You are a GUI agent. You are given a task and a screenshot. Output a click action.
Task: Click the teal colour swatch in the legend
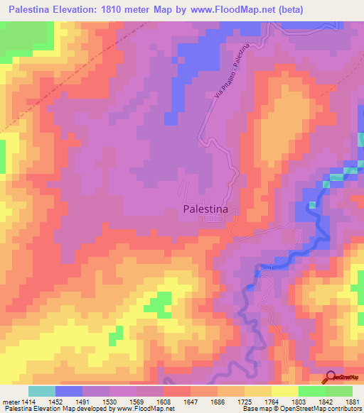(x=42, y=391)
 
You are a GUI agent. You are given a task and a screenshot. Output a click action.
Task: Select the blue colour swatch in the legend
(x=69, y=391)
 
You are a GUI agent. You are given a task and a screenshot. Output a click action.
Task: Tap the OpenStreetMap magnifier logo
(x=332, y=377)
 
